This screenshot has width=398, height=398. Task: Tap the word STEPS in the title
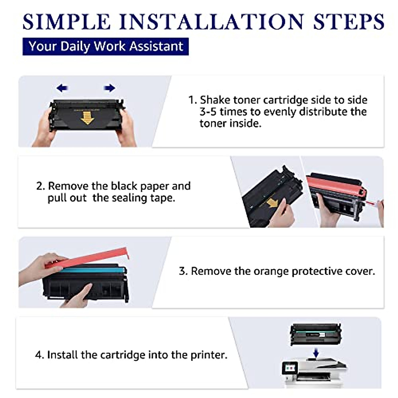coord(349,22)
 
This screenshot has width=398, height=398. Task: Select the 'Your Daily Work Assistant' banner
coord(105,46)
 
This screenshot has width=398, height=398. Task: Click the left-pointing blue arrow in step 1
coord(62,88)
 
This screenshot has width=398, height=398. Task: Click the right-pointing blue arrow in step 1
coord(110,88)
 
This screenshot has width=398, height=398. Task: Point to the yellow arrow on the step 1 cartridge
coord(87,118)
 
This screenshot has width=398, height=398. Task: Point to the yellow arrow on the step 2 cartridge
coord(272,203)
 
